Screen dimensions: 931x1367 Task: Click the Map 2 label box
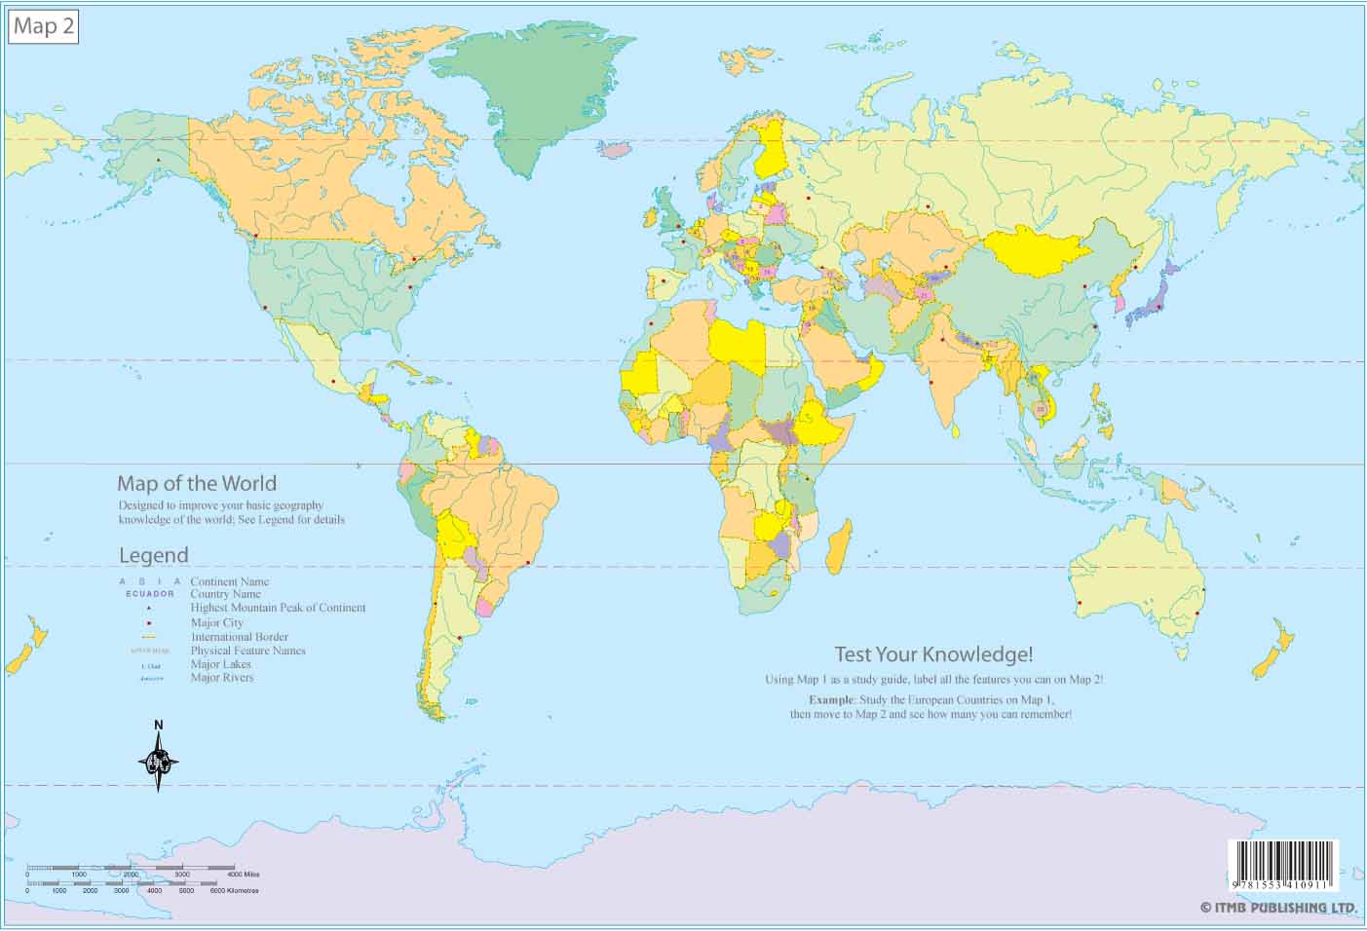(43, 26)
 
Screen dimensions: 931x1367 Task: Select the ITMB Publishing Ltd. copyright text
(1278, 908)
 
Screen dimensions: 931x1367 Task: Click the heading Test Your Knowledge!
(932, 654)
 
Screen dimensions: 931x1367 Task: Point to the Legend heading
(153, 555)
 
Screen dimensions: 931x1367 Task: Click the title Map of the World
(196, 483)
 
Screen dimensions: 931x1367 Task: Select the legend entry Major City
(216, 622)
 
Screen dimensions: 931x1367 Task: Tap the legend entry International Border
(239, 637)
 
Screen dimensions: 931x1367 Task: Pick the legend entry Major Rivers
(221, 678)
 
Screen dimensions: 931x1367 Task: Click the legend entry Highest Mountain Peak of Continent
(278, 608)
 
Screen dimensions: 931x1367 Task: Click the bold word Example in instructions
(830, 700)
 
